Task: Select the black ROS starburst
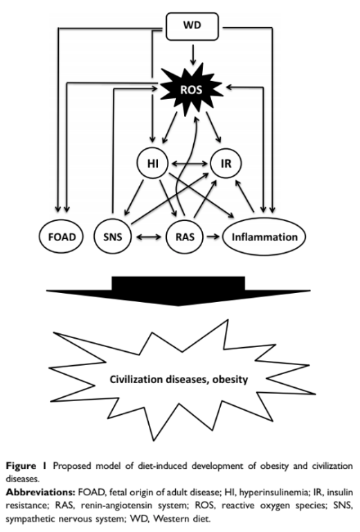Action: (x=192, y=89)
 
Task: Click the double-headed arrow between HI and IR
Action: (x=189, y=164)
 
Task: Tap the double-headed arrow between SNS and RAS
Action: (x=149, y=237)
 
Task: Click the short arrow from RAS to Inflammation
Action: (x=213, y=236)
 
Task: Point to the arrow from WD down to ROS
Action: (x=193, y=54)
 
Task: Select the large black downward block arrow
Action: (x=179, y=291)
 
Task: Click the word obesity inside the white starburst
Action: (x=230, y=379)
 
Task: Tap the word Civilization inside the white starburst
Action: (x=136, y=379)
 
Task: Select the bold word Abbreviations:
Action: (x=40, y=492)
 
